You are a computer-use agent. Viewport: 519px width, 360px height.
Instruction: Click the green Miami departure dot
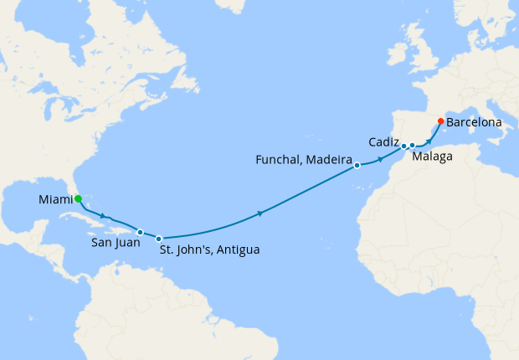click(x=78, y=199)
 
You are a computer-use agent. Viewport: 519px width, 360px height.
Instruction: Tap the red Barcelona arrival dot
click(x=441, y=121)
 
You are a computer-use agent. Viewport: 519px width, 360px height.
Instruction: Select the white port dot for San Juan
click(x=141, y=232)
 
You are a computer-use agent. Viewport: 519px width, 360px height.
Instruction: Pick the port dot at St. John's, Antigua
click(x=158, y=239)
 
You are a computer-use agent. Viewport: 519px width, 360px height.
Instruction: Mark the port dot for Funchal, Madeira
click(x=357, y=165)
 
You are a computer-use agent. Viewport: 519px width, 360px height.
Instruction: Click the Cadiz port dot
click(x=403, y=146)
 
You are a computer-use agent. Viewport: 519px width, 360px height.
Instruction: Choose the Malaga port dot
click(x=413, y=146)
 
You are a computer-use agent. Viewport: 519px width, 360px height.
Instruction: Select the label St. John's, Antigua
click(x=209, y=249)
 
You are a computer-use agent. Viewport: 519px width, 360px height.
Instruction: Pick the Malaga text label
click(x=434, y=157)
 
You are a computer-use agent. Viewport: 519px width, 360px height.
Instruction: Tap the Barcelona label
click(x=475, y=122)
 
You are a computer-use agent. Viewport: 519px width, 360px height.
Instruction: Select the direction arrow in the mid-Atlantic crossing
click(x=260, y=214)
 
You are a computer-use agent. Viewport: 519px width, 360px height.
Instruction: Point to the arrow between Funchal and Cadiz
click(x=381, y=158)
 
